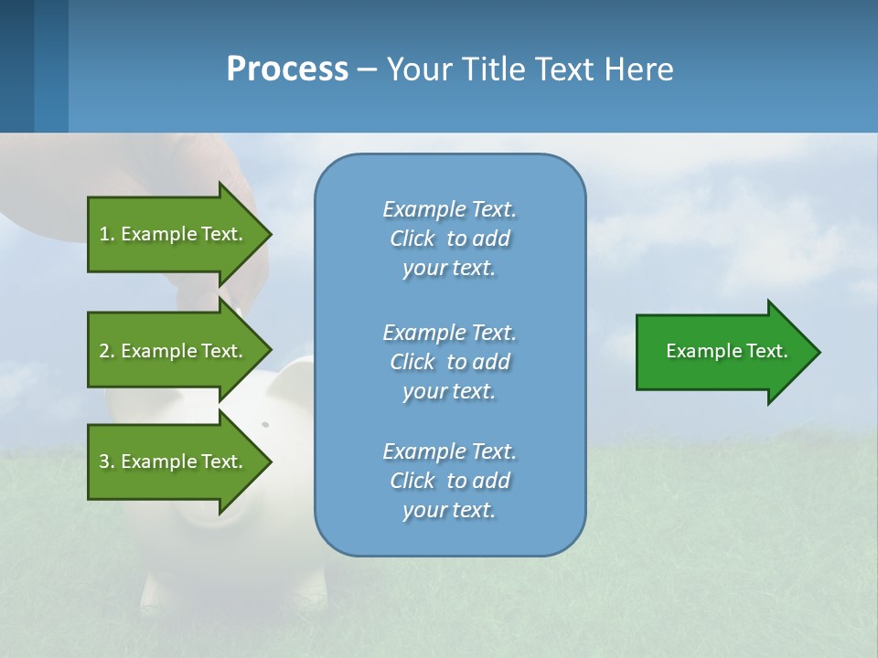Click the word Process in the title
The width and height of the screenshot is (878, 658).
click(x=287, y=69)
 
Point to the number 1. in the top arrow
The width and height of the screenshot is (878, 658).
click(x=107, y=234)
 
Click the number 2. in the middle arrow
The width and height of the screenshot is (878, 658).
click(x=107, y=351)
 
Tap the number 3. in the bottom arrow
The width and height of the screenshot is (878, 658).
click(x=107, y=462)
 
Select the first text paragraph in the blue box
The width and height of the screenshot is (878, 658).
click(x=449, y=239)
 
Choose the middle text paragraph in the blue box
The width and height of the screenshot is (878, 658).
click(x=449, y=362)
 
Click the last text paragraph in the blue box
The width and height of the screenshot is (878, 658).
click(x=449, y=481)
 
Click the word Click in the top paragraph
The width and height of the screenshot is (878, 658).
click(x=412, y=239)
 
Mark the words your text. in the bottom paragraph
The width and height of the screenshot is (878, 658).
click(x=449, y=510)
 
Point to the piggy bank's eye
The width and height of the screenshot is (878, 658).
click(x=265, y=425)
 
